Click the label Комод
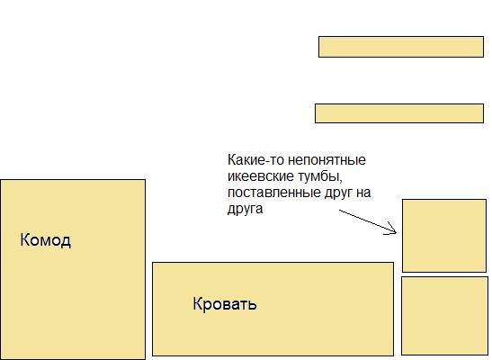tap(46, 240)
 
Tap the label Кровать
tap(225, 304)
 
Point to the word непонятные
tap(327, 160)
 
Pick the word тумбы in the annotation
tap(318, 176)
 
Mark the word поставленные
tap(274, 193)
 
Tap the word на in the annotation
tap(363, 193)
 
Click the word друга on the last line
tap(245, 210)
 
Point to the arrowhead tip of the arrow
tap(397, 232)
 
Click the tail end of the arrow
tap(339, 211)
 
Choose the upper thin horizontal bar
tap(401, 47)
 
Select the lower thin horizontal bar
tap(399, 113)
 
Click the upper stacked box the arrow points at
tap(444, 236)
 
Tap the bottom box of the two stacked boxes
tap(444, 316)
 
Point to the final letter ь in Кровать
tap(253, 305)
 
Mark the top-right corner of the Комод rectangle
tap(146, 179)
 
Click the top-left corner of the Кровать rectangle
tap(153, 263)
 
